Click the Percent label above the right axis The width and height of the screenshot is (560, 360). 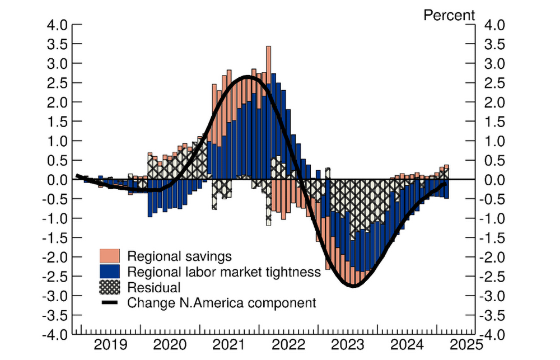(449, 15)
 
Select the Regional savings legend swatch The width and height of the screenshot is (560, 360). (111, 256)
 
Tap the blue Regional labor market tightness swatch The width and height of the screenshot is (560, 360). (111, 272)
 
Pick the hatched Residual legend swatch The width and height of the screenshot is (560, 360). (111, 287)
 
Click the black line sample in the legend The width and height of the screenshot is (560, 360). (111, 303)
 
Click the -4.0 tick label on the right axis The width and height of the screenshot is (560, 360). (492, 335)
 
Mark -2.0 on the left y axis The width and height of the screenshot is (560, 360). (55, 257)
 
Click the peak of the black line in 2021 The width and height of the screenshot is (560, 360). (248, 77)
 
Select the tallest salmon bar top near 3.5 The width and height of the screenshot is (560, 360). (269, 47)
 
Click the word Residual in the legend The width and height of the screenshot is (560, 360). (154, 288)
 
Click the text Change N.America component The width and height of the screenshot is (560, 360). (222, 303)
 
